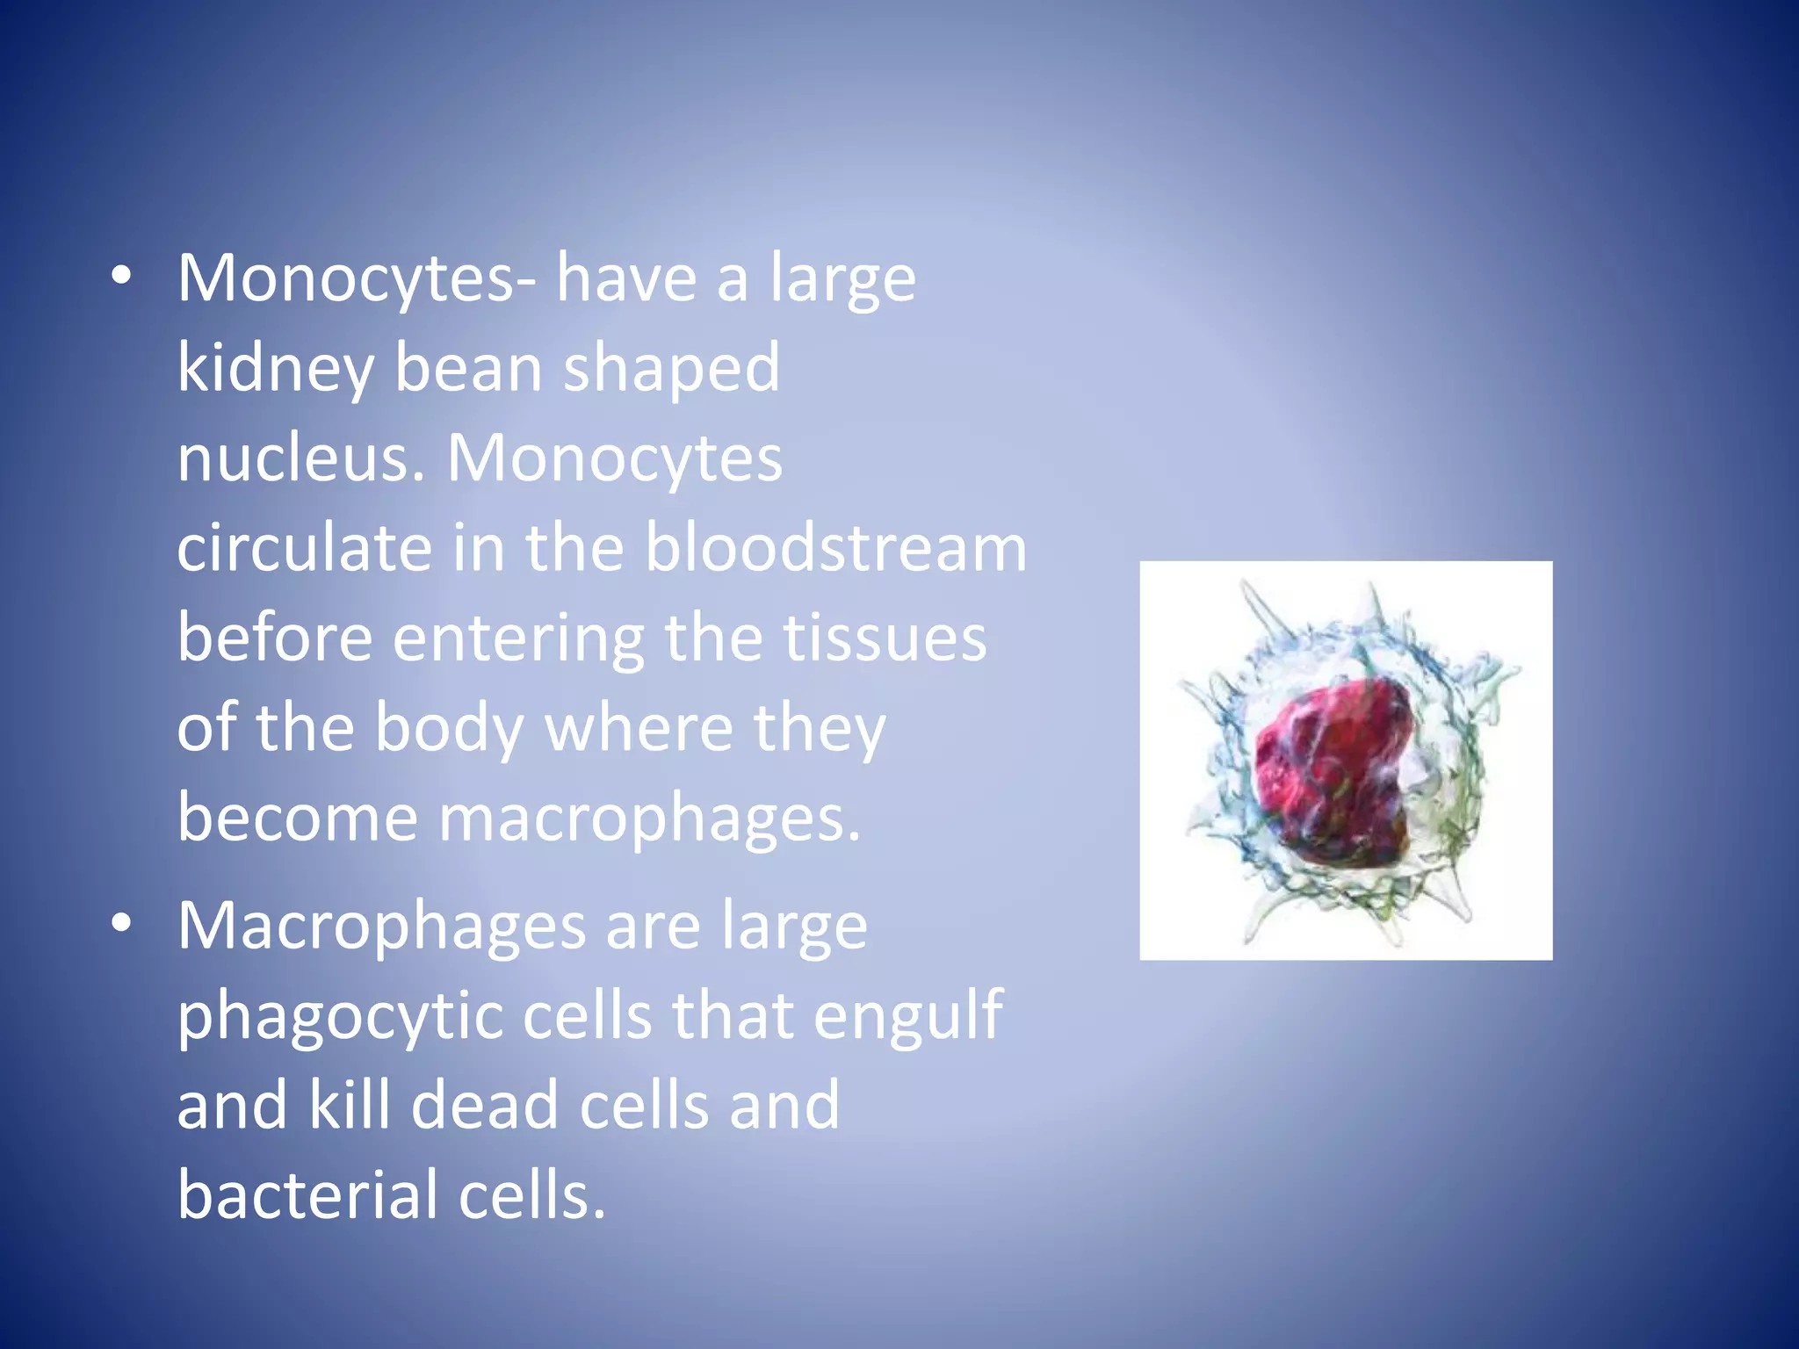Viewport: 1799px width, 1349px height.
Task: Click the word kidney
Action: (275, 370)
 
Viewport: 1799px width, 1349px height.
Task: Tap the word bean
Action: (467, 368)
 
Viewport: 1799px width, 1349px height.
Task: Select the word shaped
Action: (671, 370)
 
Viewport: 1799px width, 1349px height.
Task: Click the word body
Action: (449, 729)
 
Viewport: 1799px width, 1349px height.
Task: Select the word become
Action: (297, 818)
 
